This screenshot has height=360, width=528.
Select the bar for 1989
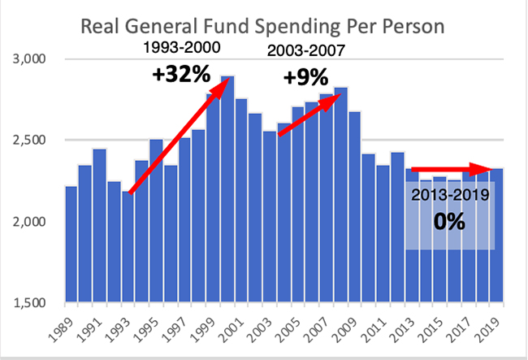pos(71,244)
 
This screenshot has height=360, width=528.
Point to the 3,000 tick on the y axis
pos(33,59)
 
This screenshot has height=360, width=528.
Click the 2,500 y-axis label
pos(33,141)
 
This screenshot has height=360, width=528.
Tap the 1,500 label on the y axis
pos(33,303)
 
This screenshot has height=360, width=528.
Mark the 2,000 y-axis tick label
pos(33,222)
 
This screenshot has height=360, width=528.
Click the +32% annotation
pos(181,76)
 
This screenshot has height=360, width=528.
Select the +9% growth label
pos(305,79)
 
